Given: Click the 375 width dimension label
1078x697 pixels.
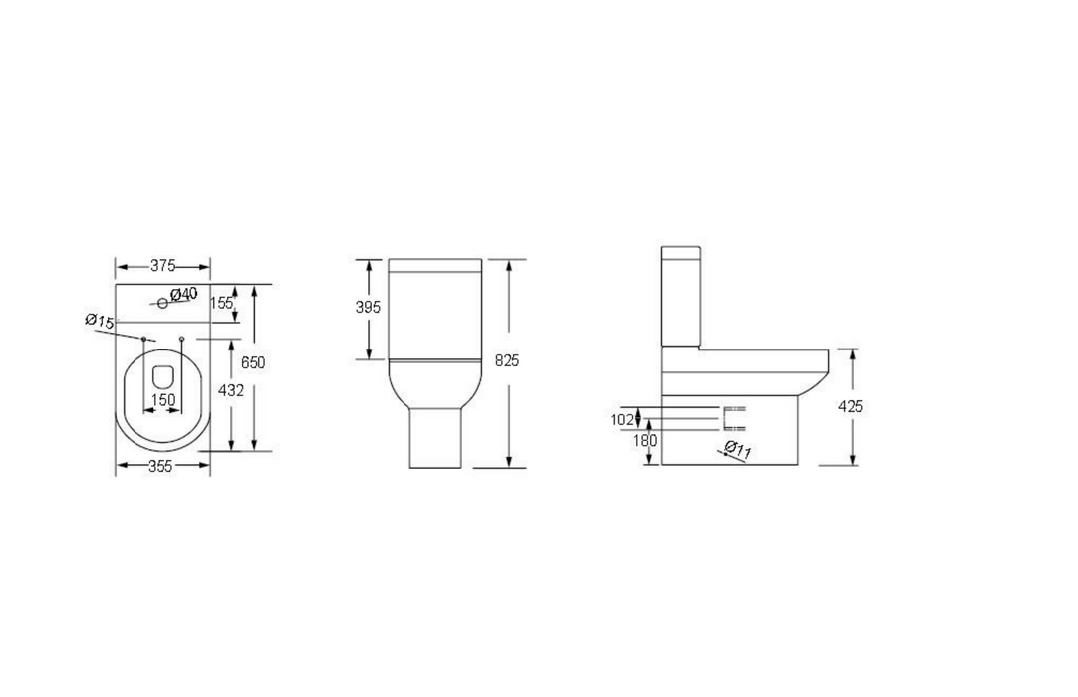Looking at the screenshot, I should coord(162,266).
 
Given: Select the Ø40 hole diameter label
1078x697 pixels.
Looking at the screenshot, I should coord(184,294).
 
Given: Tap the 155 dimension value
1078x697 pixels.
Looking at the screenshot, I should coord(221,303).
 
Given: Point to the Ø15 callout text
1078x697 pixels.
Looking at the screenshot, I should coord(100,321).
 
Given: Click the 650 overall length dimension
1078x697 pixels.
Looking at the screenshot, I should coord(253,363).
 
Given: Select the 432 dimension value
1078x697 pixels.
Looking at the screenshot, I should coord(230,391).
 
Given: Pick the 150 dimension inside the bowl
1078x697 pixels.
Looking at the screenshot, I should coord(162,400).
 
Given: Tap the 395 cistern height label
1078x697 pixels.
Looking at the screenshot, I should coord(368,308).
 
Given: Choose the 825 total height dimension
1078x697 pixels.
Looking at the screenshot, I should coord(507,360).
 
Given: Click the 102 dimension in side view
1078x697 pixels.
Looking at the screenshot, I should coord(621,419).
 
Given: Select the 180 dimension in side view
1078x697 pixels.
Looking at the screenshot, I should coord(646,439).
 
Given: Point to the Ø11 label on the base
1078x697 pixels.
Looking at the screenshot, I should coord(738,450).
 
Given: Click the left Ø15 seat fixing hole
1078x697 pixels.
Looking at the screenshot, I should coord(144,340).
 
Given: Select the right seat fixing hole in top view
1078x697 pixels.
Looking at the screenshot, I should coord(181,340).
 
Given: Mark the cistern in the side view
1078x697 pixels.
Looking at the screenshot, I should coord(682,295).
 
